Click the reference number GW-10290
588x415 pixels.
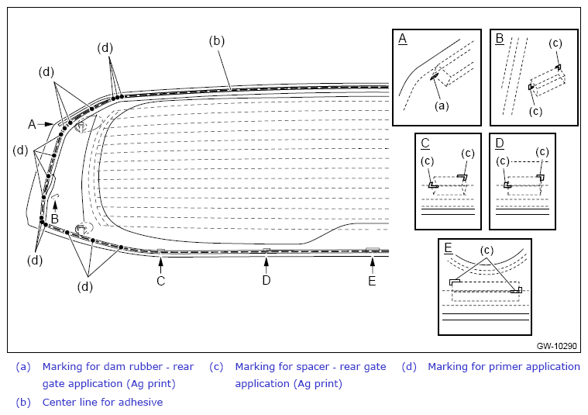pyautogui.click(x=556, y=346)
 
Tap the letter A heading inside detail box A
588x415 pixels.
pyautogui.click(x=402, y=39)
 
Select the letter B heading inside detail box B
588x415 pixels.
pyautogui.click(x=500, y=39)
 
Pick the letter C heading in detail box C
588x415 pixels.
pyautogui.click(x=425, y=143)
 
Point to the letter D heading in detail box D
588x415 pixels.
pyautogui.click(x=500, y=143)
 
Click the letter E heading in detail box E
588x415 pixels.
pyautogui.click(x=448, y=248)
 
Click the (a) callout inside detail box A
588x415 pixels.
pyautogui.click(x=442, y=106)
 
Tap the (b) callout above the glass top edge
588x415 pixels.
pyautogui.click(x=217, y=40)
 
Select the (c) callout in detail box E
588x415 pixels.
pyautogui.click(x=487, y=250)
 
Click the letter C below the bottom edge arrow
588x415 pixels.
pyautogui.click(x=161, y=281)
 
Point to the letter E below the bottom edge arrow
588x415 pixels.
pyautogui.click(x=372, y=281)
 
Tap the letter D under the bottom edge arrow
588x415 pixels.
pyautogui.click(x=266, y=280)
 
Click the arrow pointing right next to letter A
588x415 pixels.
pyautogui.click(x=46, y=123)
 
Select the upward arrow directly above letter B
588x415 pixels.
pyautogui.click(x=55, y=206)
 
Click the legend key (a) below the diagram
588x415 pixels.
pyautogui.click(x=23, y=367)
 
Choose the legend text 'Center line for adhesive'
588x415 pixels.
pyautogui.click(x=102, y=403)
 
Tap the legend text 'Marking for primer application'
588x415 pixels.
pyautogui.click(x=504, y=367)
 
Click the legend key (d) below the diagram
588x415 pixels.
pyautogui.click(x=409, y=367)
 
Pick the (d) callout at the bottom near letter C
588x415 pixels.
pyautogui.click(x=85, y=286)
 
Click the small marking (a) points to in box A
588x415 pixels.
pyautogui.click(x=435, y=76)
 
